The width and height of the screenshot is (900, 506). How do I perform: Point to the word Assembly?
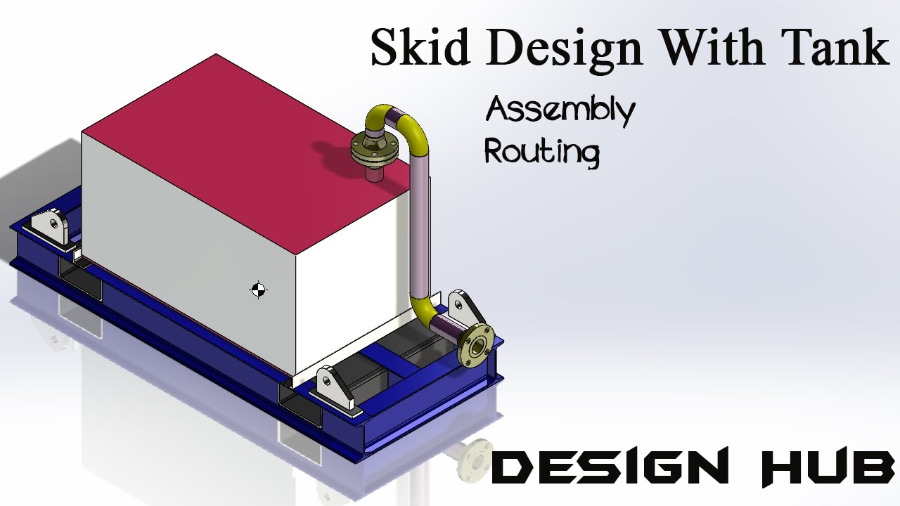point(560,112)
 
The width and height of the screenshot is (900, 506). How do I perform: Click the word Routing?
point(541,152)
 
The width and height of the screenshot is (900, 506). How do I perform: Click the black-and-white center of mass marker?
point(258,290)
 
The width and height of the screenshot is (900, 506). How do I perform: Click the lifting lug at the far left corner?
point(50,226)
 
